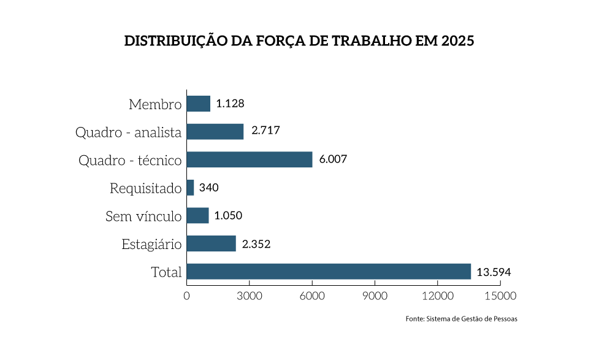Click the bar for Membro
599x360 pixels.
[x=198, y=104]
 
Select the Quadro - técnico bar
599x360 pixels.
[x=249, y=159]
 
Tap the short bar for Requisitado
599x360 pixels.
[x=190, y=188]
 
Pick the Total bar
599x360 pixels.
[x=328, y=272]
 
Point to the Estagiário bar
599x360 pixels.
[x=211, y=243]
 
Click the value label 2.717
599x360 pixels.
[x=265, y=131]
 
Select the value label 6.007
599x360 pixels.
[x=333, y=159]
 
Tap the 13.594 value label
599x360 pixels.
[x=494, y=272]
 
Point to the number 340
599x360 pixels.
[x=209, y=188]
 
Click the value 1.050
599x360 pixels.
[x=229, y=216]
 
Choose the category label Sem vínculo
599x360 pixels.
[x=143, y=216]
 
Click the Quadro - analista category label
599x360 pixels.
[x=128, y=132]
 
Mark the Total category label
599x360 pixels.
[x=166, y=272]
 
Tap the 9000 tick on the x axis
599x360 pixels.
[x=375, y=296]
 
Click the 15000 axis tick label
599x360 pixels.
[x=500, y=296]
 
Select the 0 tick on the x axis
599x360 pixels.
[x=186, y=296]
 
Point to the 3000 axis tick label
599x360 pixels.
[x=249, y=296]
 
